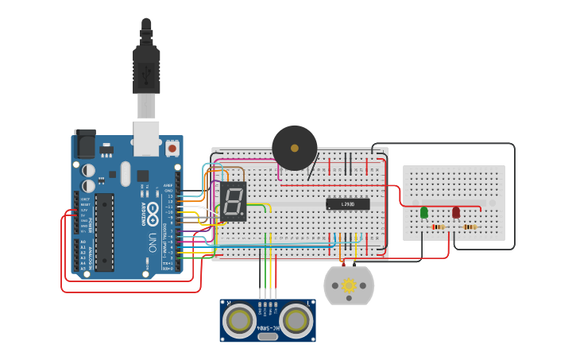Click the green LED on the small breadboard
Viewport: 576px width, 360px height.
coord(423,212)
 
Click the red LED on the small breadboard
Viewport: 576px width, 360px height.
coord(456,212)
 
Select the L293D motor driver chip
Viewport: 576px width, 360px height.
coord(348,204)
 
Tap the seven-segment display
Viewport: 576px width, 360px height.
coord(234,201)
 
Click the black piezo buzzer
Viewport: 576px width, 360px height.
coord(295,148)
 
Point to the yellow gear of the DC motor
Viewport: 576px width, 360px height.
coord(349,285)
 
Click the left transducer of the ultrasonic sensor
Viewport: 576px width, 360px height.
coord(239,319)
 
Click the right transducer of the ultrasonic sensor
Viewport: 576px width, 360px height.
coord(296,319)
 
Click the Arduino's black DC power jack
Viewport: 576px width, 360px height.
coord(84,143)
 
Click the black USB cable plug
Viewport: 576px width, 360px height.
coord(146,72)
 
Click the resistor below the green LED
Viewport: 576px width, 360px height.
coord(437,227)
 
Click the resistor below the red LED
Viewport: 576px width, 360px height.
coord(470,227)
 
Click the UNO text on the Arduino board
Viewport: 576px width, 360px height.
coord(151,242)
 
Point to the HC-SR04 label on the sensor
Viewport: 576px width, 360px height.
coord(268,327)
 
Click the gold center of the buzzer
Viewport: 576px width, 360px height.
coord(295,148)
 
